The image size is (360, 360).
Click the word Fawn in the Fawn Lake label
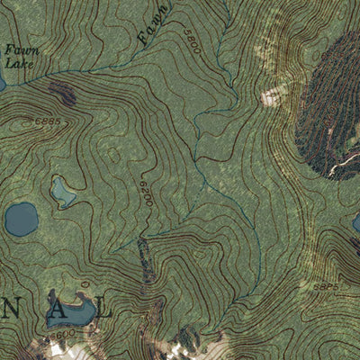tap(15, 51)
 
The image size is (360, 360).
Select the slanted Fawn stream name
tap(156, 24)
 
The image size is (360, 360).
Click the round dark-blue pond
tap(21, 219)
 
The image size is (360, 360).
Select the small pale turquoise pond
tap(62, 191)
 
